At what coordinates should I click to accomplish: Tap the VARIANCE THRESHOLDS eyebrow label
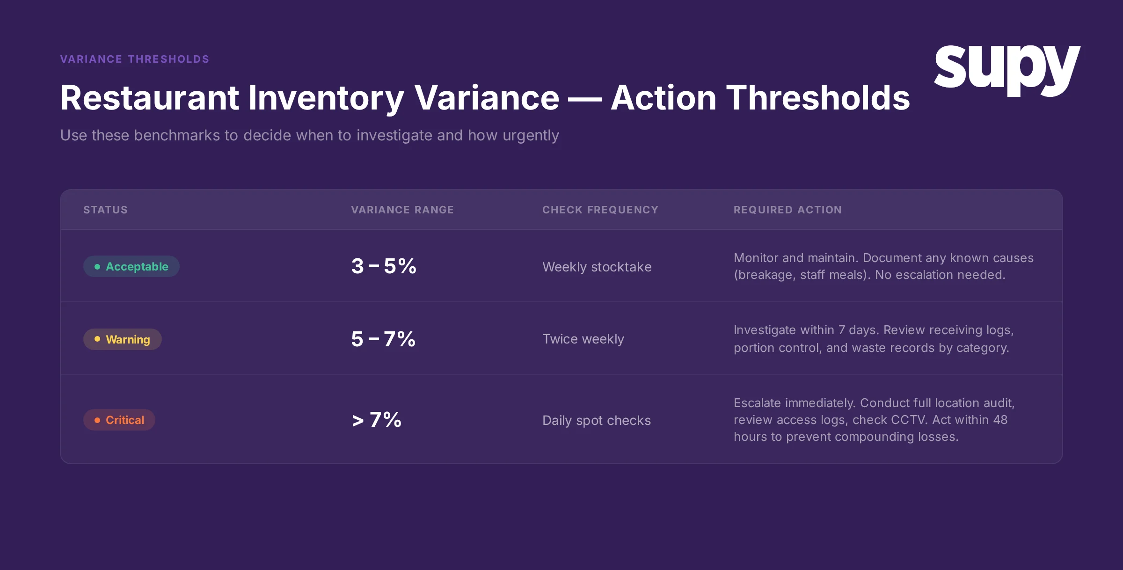tap(135, 59)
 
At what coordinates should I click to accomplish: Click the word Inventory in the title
tap(326, 98)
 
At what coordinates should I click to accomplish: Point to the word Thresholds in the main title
tap(817, 98)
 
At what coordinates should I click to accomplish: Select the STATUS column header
tap(105, 210)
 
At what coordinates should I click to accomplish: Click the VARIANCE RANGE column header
tap(402, 210)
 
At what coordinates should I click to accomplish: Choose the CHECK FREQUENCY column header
tap(600, 210)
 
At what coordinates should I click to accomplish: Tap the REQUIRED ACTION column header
tap(788, 210)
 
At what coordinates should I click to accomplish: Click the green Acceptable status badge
tap(131, 266)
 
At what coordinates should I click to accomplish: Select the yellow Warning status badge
tap(123, 339)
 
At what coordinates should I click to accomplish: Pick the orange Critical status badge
tap(119, 420)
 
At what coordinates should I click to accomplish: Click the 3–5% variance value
tap(384, 266)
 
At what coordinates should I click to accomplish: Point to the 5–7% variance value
tap(383, 339)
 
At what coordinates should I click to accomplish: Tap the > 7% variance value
tap(377, 420)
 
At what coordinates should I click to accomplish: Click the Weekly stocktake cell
tap(597, 267)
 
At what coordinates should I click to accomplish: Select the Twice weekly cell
tap(583, 339)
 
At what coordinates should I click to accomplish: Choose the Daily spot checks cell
tap(596, 420)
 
